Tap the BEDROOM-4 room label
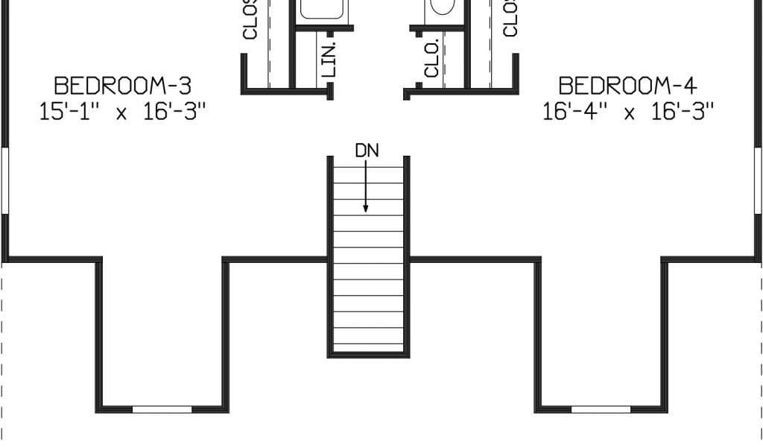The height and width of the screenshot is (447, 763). (628, 84)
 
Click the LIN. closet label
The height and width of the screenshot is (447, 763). (331, 58)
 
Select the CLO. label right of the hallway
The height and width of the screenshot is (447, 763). (431, 60)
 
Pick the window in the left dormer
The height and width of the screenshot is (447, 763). (162, 409)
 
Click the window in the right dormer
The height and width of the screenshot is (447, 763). (601, 409)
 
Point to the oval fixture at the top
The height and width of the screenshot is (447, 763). (443, 7)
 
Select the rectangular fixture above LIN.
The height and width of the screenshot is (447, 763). (321, 9)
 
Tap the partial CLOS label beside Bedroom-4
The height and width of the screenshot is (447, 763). (510, 18)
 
